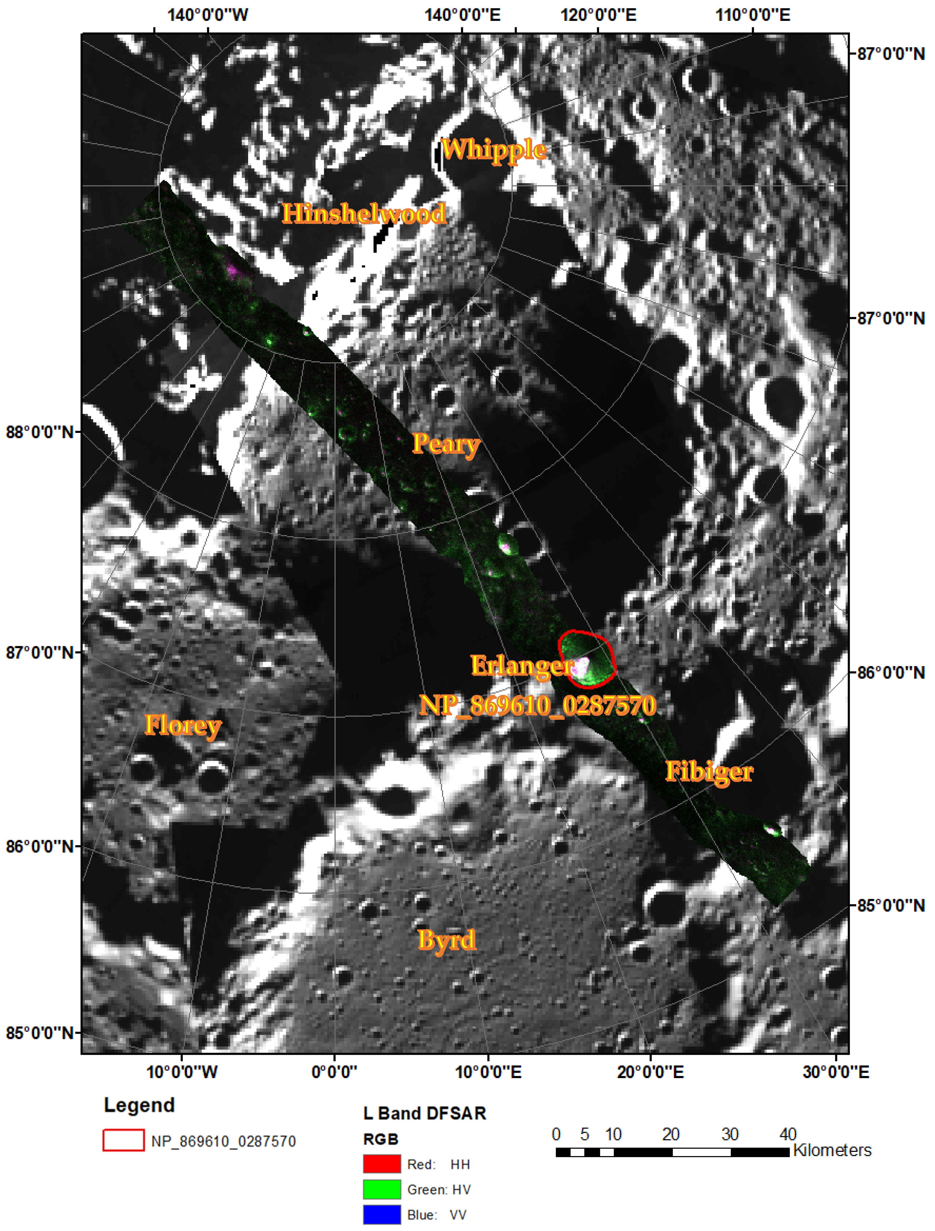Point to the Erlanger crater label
click(522, 665)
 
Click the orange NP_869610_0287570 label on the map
click(538, 705)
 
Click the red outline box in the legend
click(124, 1140)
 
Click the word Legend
click(139, 1105)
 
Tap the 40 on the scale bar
click(787, 1134)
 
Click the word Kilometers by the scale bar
click(832, 1150)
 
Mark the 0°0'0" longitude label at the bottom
click(334, 1072)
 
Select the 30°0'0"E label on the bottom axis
click(835, 1072)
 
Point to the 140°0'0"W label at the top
click(208, 15)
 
